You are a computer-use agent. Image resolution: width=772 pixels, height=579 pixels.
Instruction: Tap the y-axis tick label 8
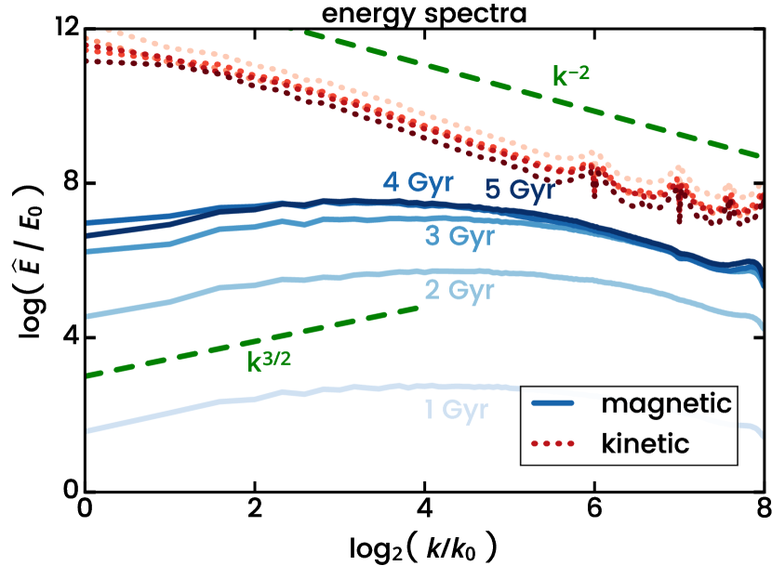point(67,183)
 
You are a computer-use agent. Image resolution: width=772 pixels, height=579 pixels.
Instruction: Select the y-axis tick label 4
point(67,337)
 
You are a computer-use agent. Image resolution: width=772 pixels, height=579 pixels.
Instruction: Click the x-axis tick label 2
point(254,511)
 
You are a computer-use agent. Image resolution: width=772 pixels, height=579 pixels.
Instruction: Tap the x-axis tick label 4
point(424,511)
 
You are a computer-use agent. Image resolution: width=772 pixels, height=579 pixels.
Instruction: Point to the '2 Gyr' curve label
point(459,291)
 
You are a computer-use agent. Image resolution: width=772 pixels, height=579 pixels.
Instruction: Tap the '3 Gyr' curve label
point(459,237)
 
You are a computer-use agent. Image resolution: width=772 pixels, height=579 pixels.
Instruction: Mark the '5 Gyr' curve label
point(519,191)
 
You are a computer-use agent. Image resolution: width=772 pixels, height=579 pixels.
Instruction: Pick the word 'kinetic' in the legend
point(646,443)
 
